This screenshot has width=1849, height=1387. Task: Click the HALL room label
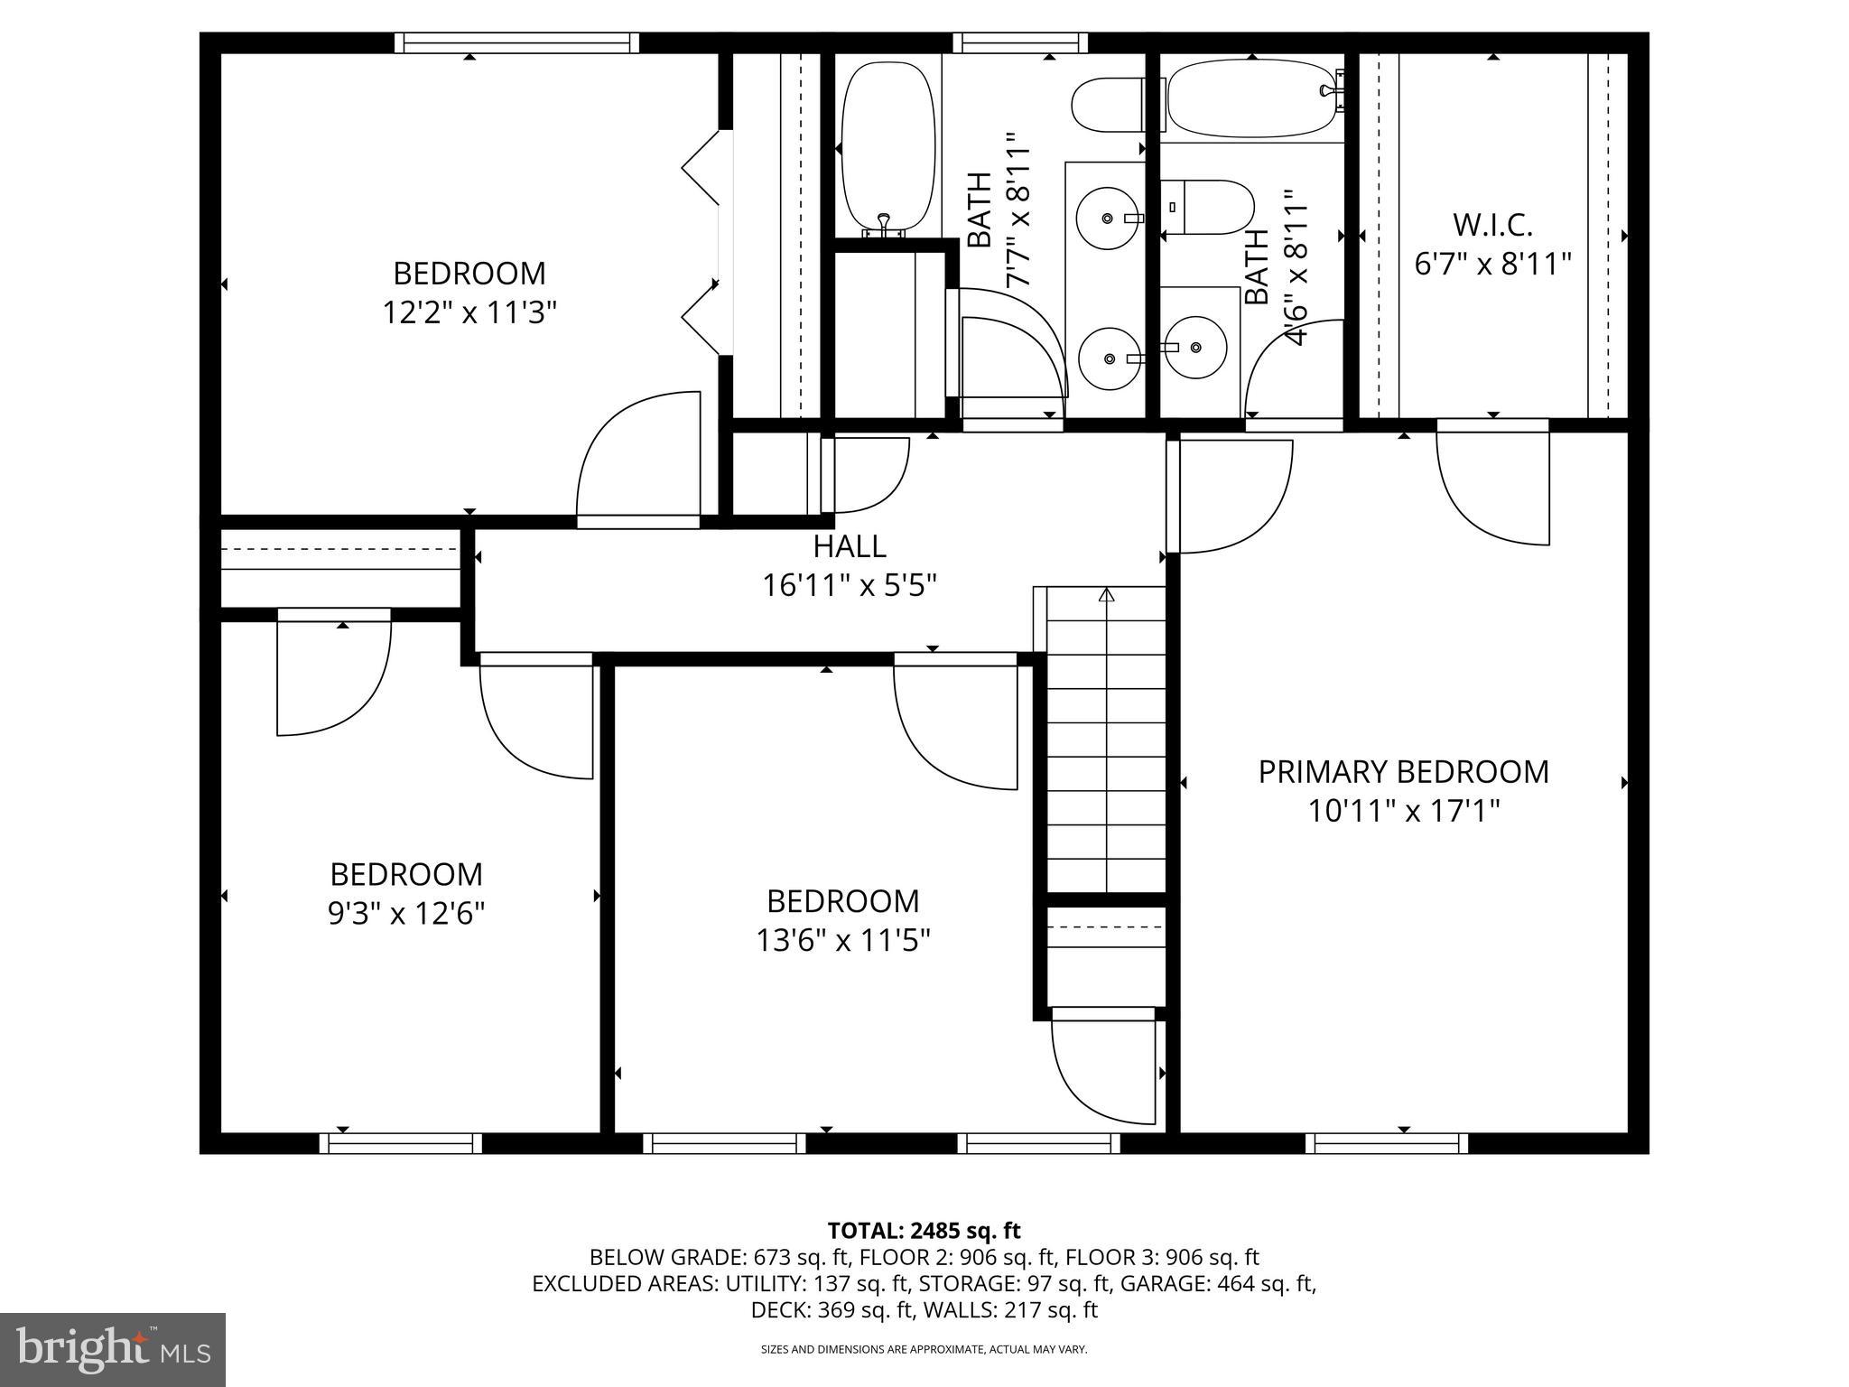pos(849,546)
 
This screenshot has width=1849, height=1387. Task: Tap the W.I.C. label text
pos(1492,224)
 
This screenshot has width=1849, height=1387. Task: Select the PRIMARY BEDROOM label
pos(1403,772)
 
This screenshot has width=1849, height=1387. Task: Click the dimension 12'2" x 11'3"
pos(469,313)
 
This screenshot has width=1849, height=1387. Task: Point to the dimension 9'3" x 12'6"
pos(406,914)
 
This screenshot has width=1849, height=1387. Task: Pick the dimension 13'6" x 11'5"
pos(843,941)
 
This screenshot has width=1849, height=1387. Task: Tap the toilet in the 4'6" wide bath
pos(1207,207)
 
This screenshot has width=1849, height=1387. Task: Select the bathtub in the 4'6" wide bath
pos(1250,98)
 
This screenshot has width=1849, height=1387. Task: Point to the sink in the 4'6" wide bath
pos(1194,348)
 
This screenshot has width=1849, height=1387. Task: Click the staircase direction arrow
pos(1107,596)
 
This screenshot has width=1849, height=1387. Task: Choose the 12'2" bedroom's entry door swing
pos(637,461)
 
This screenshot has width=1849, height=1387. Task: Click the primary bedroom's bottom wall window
pos(1387,1144)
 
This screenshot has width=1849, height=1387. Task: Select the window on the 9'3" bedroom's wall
pos(401,1144)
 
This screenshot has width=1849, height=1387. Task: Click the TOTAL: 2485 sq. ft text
pos(924,1231)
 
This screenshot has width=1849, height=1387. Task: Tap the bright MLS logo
pos(112,1349)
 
